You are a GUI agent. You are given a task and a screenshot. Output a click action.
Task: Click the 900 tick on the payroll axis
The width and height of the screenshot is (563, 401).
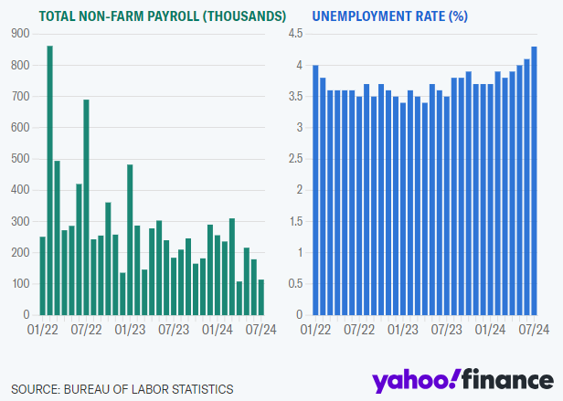click(19, 33)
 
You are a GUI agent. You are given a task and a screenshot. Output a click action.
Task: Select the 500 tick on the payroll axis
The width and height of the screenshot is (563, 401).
click(19, 158)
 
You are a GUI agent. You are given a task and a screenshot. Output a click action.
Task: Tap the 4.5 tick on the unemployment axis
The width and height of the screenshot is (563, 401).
click(295, 33)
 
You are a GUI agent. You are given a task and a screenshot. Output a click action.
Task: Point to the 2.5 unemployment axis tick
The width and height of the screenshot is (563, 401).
click(295, 158)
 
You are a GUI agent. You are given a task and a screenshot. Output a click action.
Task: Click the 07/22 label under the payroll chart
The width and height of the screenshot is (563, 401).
click(86, 329)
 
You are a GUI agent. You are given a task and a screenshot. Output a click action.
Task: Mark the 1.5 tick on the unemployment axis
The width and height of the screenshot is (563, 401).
click(295, 220)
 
